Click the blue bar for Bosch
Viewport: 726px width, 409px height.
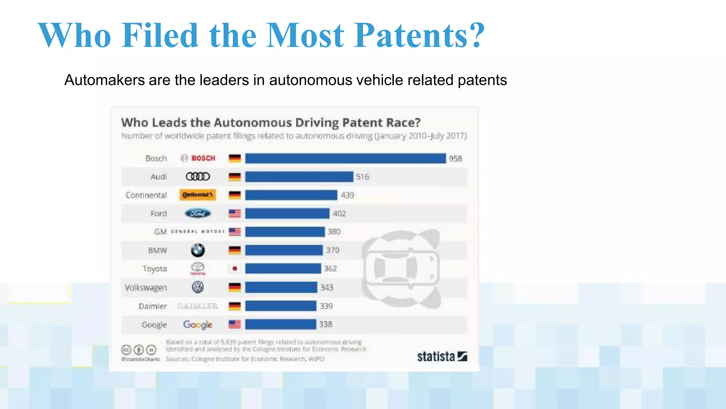[x=345, y=158]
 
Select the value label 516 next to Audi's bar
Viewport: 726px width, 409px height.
[x=362, y=177]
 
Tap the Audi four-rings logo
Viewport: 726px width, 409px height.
[x=198, y=176]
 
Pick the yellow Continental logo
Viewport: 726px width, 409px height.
[x=197, y=195]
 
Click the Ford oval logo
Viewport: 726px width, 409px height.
[x=198, y=213]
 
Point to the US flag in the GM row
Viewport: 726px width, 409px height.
[x=235, y=232]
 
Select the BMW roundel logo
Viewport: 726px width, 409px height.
[x=197, y=250]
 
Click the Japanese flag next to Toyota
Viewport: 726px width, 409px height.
[x=235, y=269]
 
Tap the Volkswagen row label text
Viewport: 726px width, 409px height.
[x=146, y=288]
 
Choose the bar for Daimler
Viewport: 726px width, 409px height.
[x=281, y=306]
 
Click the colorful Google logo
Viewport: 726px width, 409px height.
[x=197, y=325]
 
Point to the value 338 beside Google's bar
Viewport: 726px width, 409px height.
[x=325, y=325]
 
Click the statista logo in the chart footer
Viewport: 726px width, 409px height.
[x=442, y=356]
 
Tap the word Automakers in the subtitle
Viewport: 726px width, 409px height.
[x=104, y=80]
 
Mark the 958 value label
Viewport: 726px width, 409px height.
[x=456, y=159]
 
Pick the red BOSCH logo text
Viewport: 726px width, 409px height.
[x=203, y=158]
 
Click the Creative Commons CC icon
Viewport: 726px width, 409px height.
[x=126, y=350]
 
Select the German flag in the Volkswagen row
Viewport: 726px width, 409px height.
[x=235, y=287]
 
